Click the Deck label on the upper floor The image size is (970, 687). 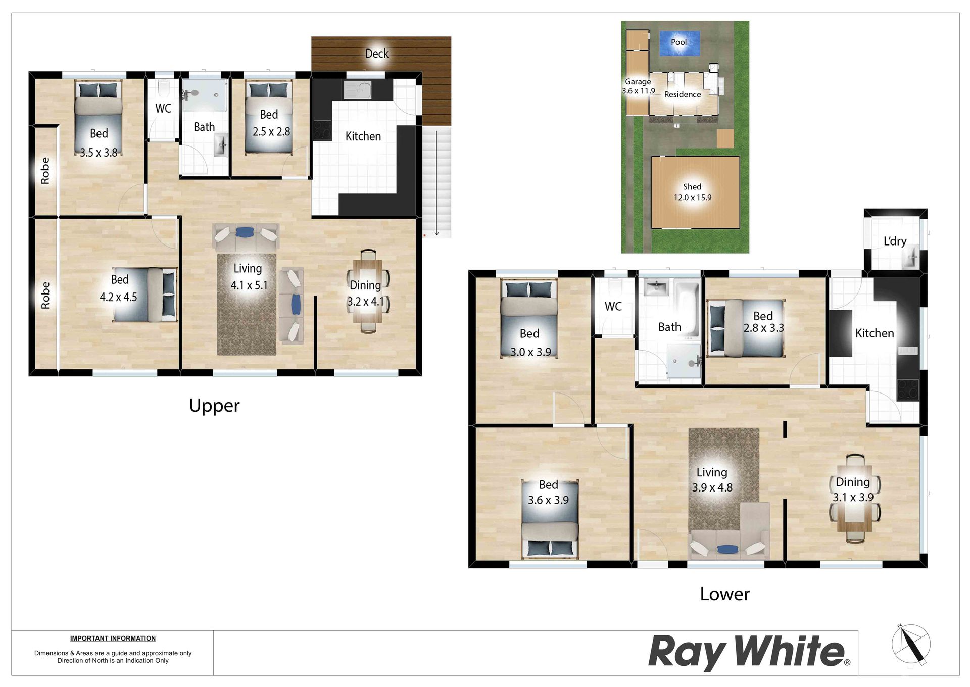click(377, 54)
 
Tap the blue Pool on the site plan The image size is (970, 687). click(680, 43)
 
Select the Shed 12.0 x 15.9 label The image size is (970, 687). click(692, 192)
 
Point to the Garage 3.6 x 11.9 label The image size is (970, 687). click(638, 86)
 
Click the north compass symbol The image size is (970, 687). click(911, 644)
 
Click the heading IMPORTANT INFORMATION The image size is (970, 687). click(113, 639)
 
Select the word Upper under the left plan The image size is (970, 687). click(214, 406)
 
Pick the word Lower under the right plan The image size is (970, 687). click(724, 594)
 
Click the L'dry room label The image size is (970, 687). click(895, 241)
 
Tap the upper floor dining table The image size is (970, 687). click(368, 291)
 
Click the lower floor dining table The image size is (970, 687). click(854, 499)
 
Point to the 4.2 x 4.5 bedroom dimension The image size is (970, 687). click(118, 297)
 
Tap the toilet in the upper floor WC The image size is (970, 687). click(163, 88)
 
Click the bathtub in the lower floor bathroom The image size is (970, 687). click(687, 309)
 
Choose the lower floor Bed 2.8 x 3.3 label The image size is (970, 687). click(763, 322)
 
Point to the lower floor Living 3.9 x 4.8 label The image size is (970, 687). click(712, 480)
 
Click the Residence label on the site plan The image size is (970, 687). click(683, 94)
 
